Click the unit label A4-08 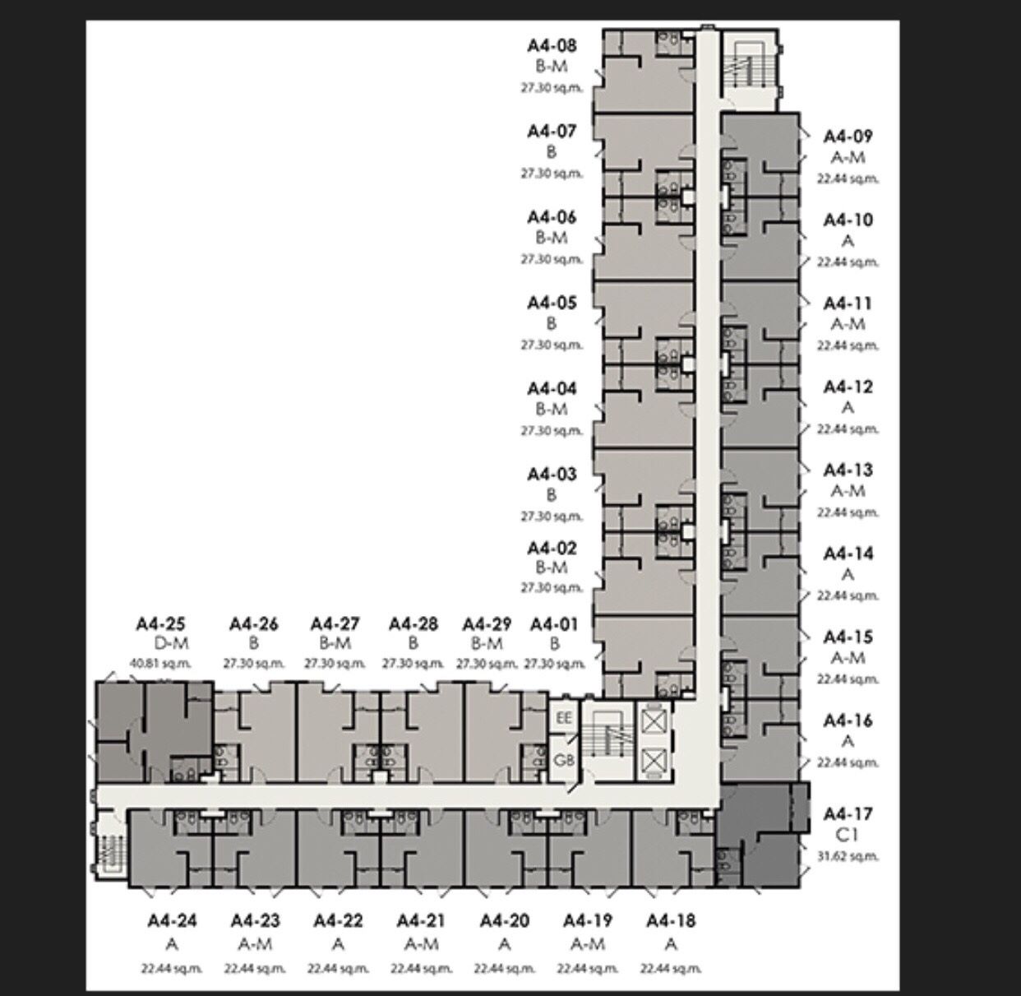click(552, 46)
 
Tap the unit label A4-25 click(160, 623)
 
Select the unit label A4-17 click(848, 813)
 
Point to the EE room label click(563, 718)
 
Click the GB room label click(563, 760)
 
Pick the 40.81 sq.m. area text click(160, 663)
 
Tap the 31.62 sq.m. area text click(848, 856)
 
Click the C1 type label click(847, 835)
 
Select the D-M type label click(171, 643)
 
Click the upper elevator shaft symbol click(654, 720)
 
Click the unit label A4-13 click(848, 470)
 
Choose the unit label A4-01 click(554, 623)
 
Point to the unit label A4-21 click(421, 920)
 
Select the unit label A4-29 click(487, 623)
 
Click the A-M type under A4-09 click(848, 157)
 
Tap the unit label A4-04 click(552, 388)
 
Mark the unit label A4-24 click(172, 920)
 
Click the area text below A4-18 click(671, 968)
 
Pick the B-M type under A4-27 click(335, 643)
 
